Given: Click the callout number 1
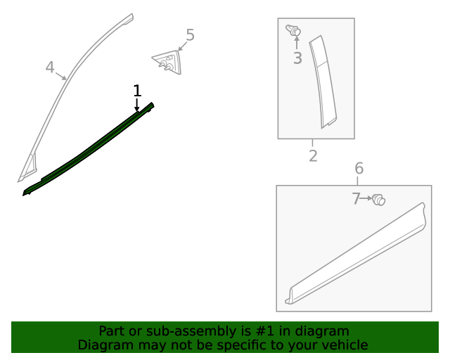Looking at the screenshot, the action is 137,91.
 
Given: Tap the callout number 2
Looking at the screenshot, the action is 313,156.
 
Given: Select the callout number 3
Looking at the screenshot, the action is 297,58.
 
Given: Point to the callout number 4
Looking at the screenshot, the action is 50,67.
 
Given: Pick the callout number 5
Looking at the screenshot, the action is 191,35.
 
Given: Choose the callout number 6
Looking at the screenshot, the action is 359,168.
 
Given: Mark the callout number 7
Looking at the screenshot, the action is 356,198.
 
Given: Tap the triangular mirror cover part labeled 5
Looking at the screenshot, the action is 168,62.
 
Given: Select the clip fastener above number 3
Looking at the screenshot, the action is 293,30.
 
